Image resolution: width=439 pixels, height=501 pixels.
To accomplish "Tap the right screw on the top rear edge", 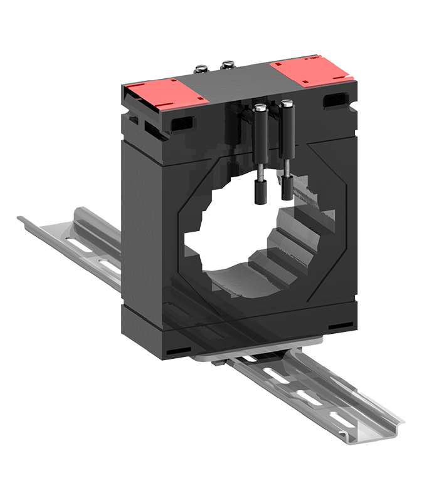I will (x=227, y=63).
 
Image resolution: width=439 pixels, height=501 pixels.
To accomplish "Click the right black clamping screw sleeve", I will (x=288, y=128).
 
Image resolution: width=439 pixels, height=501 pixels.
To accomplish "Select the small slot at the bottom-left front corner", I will (x=178, y=349).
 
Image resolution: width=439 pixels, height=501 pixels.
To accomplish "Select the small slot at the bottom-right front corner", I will (x=339, y=326).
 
